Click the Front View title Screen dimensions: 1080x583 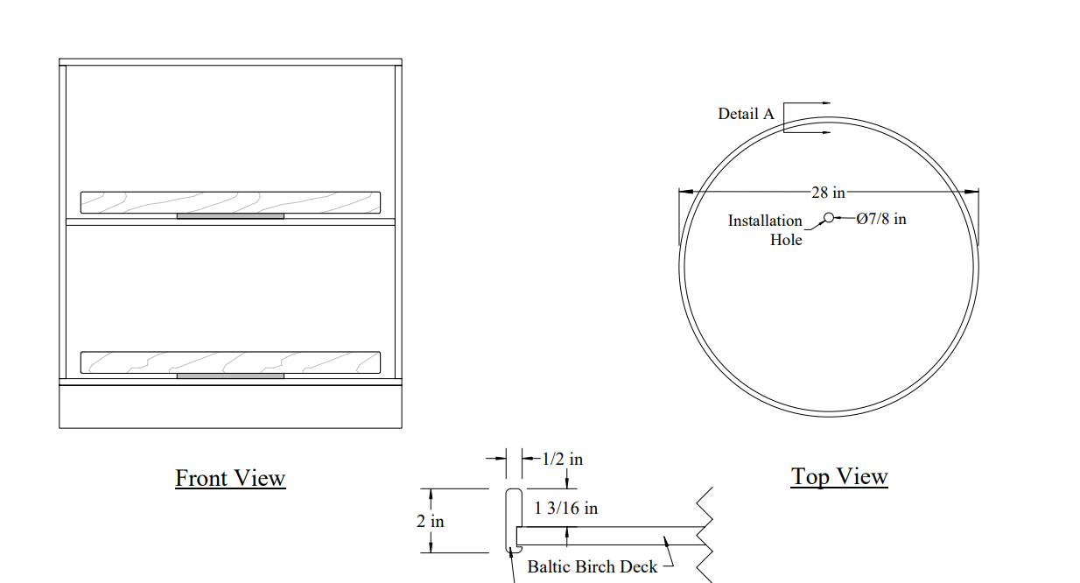pyautogui.click(x=230, y=478)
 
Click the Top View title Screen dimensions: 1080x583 pyautogui.click(x=839, y=476)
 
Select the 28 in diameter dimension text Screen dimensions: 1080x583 pyautogui.click(x=828, y=193)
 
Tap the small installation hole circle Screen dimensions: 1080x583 pyautogui.click(x=828, y=218)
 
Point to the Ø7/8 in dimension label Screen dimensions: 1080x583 pyautogui.click(x=880, y=219)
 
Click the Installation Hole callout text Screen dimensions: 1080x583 pyautogui.click(x=765, y=230)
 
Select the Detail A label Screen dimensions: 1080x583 pyautogui.click(x=746, y=114)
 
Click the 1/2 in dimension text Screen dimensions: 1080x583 pyautogui.click(x=562, y=459)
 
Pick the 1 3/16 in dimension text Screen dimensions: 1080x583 pyautogui.click(x=565, y=508)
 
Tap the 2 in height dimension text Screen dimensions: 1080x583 pyautogui.click(x=430, y=521)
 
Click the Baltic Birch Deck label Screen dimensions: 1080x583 pyautogui.click(x=592, y=566)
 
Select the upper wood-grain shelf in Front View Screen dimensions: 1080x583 pyautogui.click(x=230, y=202)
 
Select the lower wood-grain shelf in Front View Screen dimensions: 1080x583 pyautogui.click(x=230, y=362)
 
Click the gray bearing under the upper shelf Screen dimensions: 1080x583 pyautogui.click(x=230, y=216)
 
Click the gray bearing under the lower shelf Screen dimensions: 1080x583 pyautogui.click(x=230, y=376)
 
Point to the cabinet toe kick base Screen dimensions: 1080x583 pyautogui.click(x=230, y=406)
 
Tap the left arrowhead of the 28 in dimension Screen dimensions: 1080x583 pyautogui.click(x=686, y=192)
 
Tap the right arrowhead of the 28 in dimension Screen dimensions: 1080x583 pyautogui.click(x=971, y=192)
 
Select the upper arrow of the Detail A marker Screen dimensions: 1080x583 pyautogui.click(x=807, y=102)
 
